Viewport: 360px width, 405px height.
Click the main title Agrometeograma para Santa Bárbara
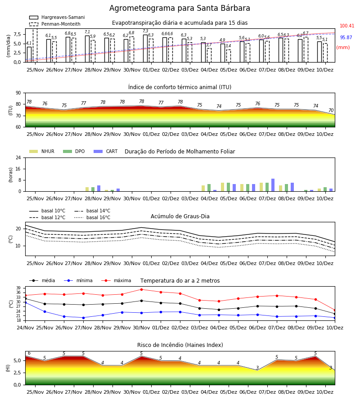180,8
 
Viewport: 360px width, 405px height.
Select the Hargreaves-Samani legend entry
57,17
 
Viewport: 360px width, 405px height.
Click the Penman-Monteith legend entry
55,24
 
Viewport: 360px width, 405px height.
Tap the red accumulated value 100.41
347,26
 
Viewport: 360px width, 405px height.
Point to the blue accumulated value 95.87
346,37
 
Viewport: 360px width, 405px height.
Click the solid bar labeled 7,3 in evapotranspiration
145,49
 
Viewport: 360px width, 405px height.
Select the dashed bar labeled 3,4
229,56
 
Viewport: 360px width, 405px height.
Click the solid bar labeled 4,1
29,54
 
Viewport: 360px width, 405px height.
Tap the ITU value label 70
331,111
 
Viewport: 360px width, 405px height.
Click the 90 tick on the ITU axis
18,93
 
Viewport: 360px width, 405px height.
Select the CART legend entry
106,151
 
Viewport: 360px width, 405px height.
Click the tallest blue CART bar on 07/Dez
273,185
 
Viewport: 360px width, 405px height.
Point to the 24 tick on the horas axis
18,157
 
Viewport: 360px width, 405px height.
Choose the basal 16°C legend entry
92,217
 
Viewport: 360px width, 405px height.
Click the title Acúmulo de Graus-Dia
180,216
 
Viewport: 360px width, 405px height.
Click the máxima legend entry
116,280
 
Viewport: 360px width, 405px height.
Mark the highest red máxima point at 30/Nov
141,289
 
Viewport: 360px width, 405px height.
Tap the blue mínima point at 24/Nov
25,302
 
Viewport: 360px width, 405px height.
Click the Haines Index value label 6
29,353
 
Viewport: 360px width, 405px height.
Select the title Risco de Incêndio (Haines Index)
180,345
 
